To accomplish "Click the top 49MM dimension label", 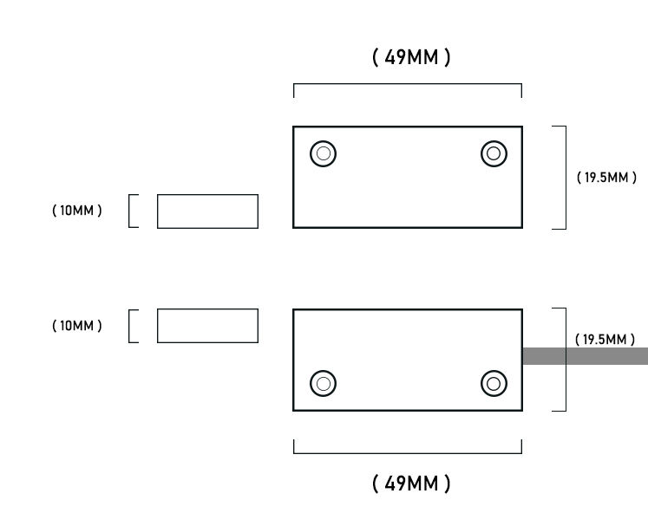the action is tap(411, 57).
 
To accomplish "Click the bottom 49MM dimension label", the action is tap(411, 484).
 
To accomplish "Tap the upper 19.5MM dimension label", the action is tap(606, 178).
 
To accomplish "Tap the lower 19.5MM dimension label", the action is tap(605, 340).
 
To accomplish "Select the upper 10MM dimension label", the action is tap(77, 211).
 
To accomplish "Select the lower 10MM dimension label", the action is tap(77, 326).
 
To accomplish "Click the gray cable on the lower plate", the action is tap(586, 356).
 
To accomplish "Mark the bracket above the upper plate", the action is tap(408, 84).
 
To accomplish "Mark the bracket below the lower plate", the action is tap(408, 453).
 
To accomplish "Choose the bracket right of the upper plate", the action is tap(566, 178).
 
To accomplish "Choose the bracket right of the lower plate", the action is tap(566, 360).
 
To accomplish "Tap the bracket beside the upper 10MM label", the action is tap(129, 211).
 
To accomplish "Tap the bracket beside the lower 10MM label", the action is tap(129, 326).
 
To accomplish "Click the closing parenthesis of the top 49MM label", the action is tap(447, 57).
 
